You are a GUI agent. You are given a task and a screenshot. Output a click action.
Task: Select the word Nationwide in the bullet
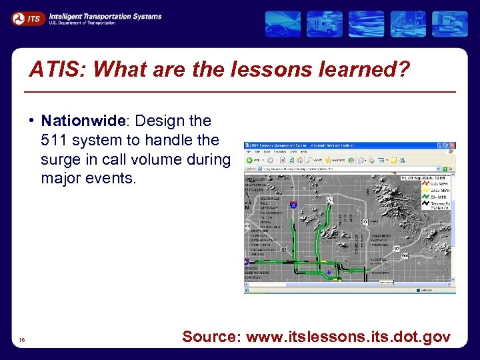(83, 121)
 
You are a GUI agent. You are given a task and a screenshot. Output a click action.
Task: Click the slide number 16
(23, 341)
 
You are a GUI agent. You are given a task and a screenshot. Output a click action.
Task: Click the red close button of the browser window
(453, 145)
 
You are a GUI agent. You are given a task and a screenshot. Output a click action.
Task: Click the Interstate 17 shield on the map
(294, 205)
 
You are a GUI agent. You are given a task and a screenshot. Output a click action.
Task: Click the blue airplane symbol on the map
(326, 273)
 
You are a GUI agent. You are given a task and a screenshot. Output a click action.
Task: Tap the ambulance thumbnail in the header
(325, 24)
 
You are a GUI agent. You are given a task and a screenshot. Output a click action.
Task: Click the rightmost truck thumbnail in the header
(450, 24)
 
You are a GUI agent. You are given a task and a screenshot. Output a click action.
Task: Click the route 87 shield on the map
(396, 248)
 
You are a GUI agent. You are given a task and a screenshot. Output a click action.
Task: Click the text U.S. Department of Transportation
(82, 23)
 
